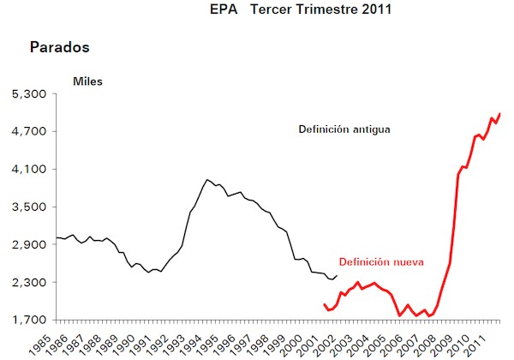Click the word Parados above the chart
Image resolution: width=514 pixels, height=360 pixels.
(60, 46)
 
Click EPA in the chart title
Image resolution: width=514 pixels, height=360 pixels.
(222, 11)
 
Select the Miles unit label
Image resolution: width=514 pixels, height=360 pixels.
(88, 81)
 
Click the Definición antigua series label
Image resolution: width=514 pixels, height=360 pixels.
(344, 130)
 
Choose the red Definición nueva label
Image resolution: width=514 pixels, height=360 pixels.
(381, 262)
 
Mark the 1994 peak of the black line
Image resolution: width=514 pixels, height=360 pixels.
(206, 180)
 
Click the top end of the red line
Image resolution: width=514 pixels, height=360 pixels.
(500, 114)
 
